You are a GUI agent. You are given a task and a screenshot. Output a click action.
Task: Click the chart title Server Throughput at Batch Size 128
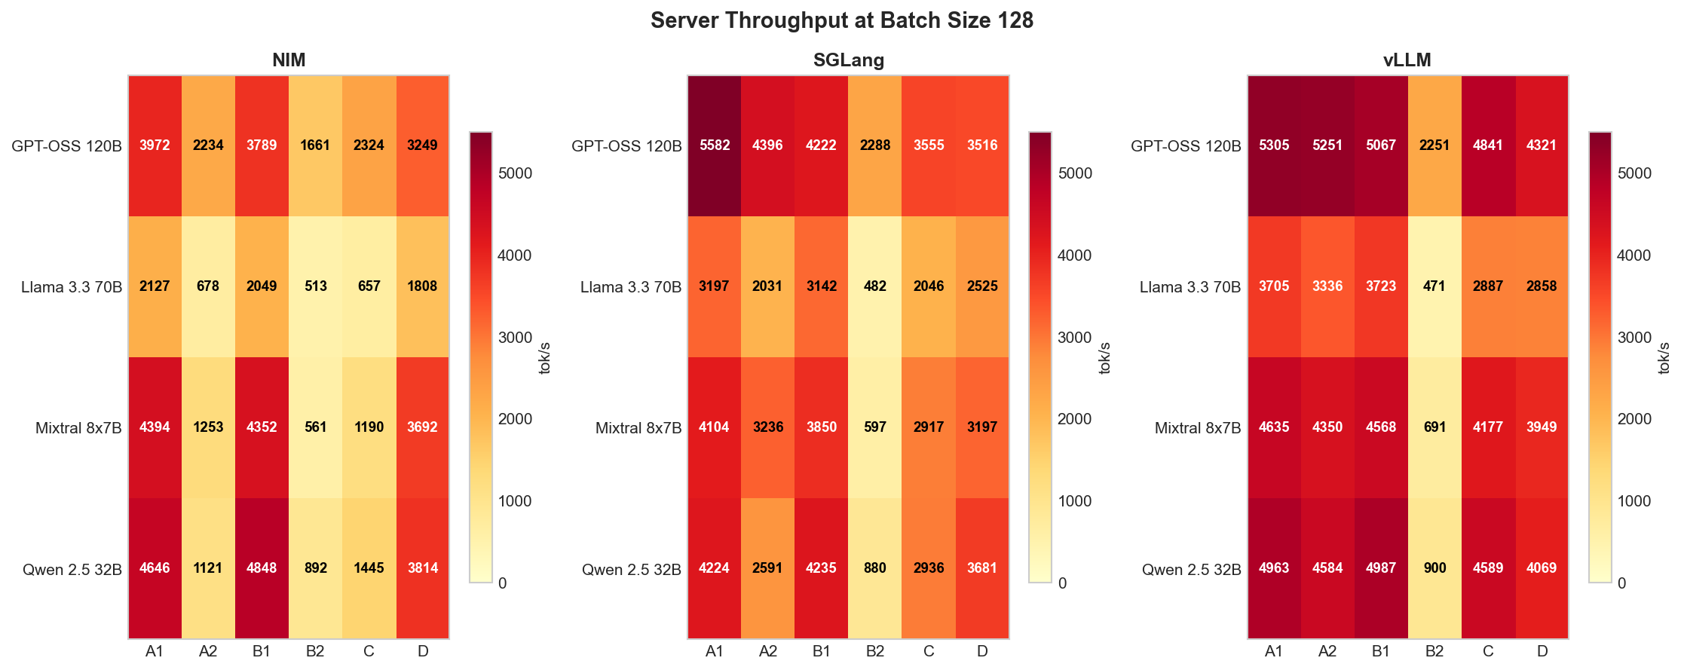841,20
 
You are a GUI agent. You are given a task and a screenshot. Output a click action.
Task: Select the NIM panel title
289,60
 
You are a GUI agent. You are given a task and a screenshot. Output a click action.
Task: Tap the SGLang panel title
848,60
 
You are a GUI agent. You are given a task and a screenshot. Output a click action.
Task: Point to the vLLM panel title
1407,60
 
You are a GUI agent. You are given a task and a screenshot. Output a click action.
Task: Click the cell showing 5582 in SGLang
715,145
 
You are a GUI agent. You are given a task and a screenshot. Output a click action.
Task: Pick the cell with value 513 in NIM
315,286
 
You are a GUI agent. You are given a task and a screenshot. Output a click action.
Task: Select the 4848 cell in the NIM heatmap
262,568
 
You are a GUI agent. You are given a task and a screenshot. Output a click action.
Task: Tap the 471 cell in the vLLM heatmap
1434,286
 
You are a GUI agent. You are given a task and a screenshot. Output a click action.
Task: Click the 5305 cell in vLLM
1274,145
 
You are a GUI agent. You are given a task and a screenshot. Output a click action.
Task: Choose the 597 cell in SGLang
875,427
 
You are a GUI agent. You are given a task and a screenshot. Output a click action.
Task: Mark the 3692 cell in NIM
422,427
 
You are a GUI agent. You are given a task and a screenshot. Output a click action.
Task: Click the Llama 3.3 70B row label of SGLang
631,287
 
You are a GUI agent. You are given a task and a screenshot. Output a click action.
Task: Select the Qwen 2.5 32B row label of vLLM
1191,570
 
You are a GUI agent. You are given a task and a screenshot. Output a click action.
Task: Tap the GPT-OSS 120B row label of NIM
66,146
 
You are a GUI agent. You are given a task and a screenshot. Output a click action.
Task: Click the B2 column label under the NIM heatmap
315,652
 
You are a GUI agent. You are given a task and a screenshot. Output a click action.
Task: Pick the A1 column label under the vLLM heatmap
1274,652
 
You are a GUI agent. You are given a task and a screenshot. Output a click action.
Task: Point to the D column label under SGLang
982,652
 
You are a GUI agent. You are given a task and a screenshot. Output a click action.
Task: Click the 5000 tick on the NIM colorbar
515,173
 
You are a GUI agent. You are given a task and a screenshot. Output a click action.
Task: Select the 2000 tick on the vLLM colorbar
1633,419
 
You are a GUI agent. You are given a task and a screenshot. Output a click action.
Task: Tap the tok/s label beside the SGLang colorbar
1105,358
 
